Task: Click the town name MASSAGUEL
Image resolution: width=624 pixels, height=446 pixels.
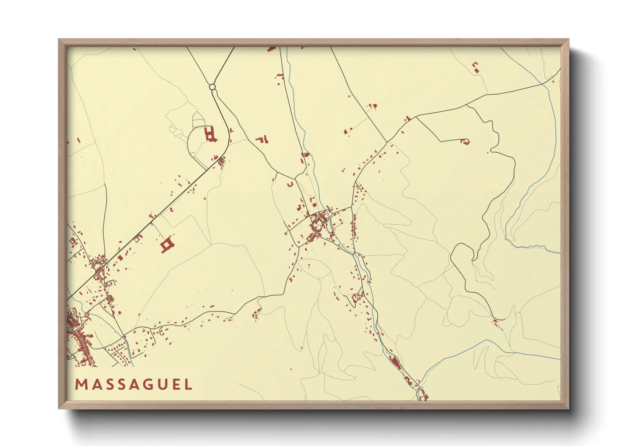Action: [134, 384]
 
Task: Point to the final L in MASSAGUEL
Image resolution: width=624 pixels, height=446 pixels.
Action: [188, 384]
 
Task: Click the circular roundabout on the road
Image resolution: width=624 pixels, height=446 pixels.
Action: [212, 87]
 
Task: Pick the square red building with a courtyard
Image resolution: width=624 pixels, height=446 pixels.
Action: [167, 244]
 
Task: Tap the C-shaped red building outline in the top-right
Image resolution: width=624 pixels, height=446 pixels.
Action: [476, 67]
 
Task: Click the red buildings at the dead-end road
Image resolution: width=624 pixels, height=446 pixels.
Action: [465, 142]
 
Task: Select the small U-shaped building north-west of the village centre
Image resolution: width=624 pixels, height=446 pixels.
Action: [290, 184]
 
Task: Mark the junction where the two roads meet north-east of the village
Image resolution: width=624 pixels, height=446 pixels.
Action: [387, 142]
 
